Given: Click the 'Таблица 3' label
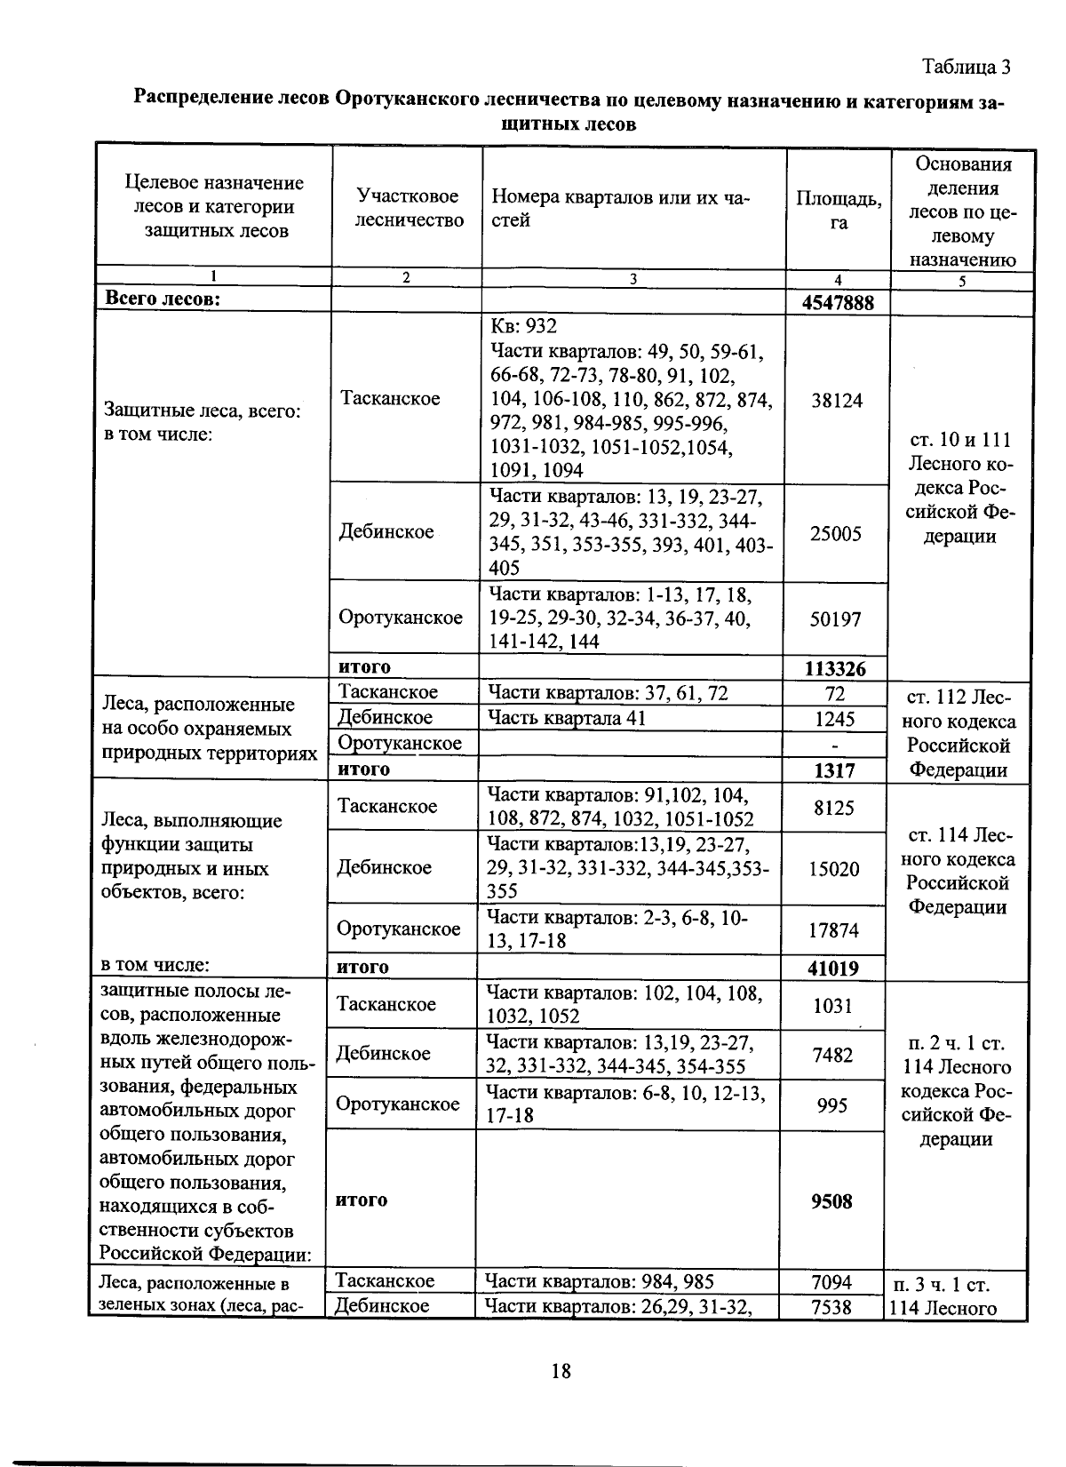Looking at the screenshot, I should pos(966,68).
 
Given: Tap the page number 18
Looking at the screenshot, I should pos(561,1371).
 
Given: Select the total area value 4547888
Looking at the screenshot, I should pos(838,303).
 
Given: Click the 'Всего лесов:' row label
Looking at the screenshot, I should pos(163,299).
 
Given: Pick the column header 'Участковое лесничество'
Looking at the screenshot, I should pos(409,208).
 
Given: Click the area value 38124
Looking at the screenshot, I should pos(837,401).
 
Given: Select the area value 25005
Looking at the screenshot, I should pos(835,534).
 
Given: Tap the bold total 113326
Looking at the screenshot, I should pos(835,668).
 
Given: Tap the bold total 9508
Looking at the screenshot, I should pos(831,1201).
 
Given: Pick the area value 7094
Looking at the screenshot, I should pos(831,1282).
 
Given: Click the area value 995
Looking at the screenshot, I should pos(831,1105).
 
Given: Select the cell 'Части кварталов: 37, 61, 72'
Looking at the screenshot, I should pos(608,693).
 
